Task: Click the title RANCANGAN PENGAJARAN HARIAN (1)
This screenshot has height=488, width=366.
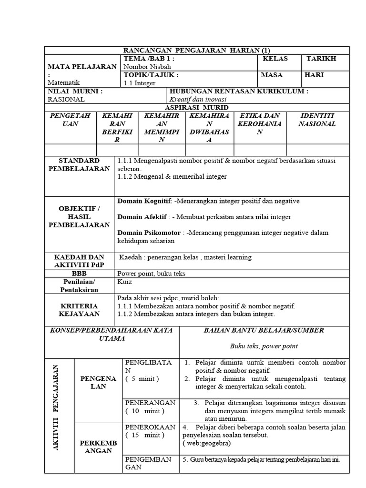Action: pos(196,51)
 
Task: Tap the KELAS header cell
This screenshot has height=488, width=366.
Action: pos(274,59)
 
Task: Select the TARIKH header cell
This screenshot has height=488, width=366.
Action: pos(321,59)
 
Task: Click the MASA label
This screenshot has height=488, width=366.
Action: pos(272,75)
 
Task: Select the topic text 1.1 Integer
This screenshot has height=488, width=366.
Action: pos(139,83)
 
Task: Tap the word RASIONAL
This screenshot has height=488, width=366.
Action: pos(66,99)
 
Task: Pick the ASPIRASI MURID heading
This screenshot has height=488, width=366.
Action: pos(196,108)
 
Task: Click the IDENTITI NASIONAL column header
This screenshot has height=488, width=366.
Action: pos(317,120)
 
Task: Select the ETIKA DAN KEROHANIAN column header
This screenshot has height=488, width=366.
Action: pos(260,123)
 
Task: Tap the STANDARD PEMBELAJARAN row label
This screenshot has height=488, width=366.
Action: pos(79,165)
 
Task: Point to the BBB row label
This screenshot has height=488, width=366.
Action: pos(79,274)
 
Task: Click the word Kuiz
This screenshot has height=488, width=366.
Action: pos(125,282)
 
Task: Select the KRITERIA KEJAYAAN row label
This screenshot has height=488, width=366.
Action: pos(79,310)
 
